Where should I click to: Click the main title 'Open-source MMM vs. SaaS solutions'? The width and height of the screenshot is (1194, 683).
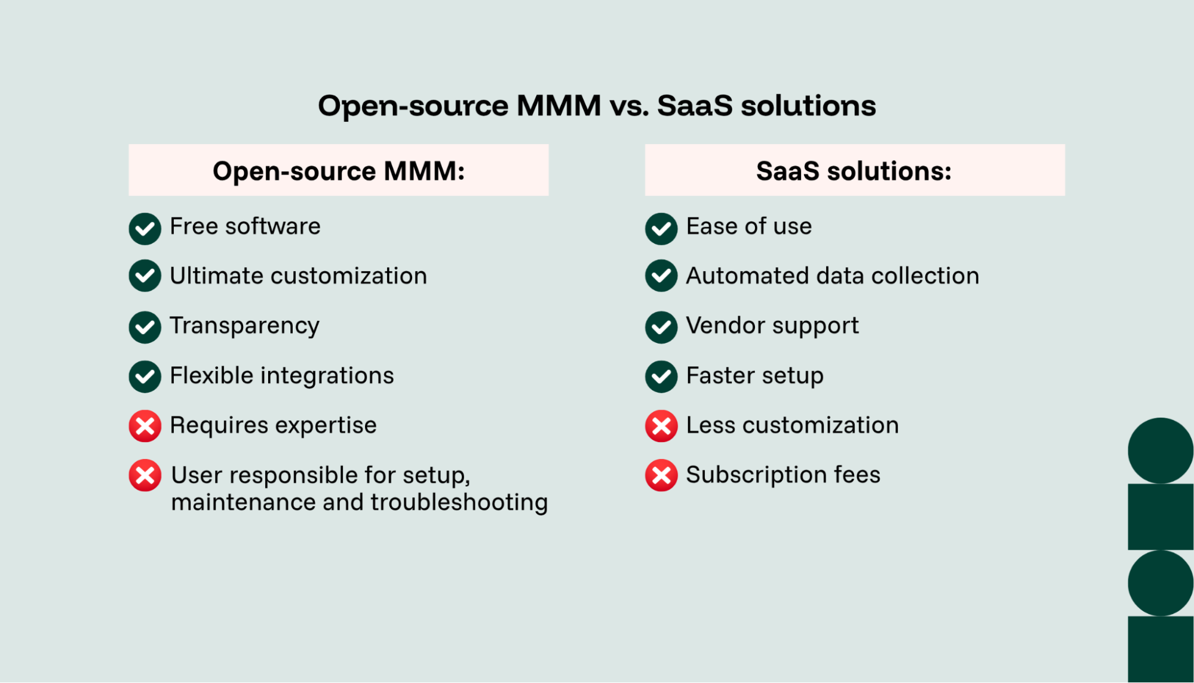597,106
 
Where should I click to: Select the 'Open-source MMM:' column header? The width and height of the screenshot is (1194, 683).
338,171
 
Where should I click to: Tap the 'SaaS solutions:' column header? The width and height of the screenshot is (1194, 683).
854,171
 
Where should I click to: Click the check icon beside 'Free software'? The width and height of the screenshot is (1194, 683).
145,228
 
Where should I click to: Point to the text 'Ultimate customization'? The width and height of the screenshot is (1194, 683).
298,276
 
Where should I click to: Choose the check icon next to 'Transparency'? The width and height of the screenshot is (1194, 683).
145,327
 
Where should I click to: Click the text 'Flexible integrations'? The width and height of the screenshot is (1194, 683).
281,376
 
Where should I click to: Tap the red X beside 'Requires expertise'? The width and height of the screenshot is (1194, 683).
145,426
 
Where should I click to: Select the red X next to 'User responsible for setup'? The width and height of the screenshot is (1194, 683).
145,476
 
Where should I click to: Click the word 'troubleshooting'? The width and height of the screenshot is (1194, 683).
459,503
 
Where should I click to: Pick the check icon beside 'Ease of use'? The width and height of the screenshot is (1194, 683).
661,228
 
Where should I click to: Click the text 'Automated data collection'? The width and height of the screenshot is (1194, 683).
832,276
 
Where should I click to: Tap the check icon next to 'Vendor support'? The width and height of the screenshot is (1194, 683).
661,327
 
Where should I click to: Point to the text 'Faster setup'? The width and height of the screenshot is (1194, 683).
754,376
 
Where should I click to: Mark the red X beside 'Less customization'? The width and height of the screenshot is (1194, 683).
661,426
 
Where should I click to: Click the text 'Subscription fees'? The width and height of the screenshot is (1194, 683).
782,475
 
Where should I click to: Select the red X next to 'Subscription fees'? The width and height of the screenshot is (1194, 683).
661,476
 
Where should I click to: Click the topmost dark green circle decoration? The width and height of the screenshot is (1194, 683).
1160,451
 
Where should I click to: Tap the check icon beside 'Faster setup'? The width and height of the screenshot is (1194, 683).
661,376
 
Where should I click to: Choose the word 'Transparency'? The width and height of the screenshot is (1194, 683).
244,326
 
